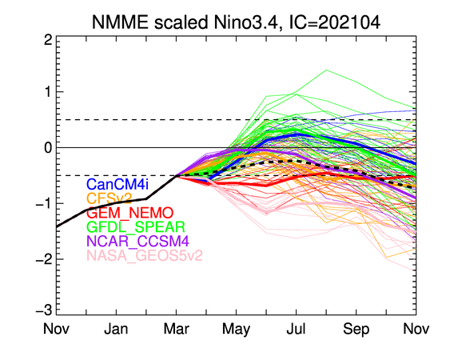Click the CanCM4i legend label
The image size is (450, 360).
point(117,184)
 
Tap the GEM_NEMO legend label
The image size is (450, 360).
point(130,213)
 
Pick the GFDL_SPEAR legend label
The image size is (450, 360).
point(136,227)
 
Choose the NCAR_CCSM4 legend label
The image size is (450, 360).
point(137,241)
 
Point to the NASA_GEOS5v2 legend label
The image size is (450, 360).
point(145,255)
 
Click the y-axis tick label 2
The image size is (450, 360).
point(48,40)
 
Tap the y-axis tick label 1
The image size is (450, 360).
point(48,92)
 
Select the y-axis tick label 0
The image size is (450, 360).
point(48,148)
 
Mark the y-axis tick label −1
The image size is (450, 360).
point(44,204)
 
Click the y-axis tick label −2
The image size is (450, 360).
point(44,259)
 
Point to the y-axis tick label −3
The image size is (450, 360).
point(44,311)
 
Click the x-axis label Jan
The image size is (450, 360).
point(116,329)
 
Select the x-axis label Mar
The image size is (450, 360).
point(176,329)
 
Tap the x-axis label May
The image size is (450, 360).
point(237,330)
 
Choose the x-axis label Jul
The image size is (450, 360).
point(296,329)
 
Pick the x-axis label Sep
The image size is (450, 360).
point(356,330)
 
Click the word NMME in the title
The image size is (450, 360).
point(120,22)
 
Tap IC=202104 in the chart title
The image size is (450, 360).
point(335,22)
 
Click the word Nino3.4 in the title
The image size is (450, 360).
point(246,22)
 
